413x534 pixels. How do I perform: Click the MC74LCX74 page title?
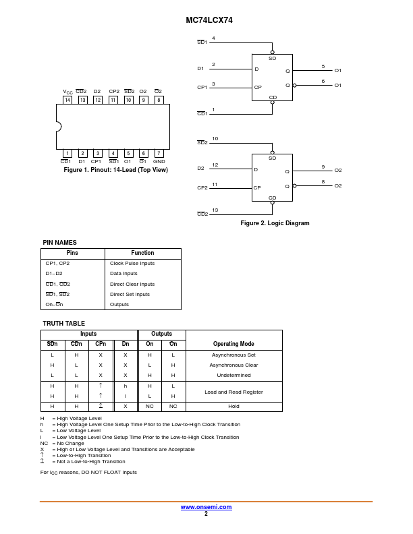(x=209, y=20)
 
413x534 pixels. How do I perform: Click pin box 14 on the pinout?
(x=67, y=100)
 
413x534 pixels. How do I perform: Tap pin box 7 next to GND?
(x=159, y=153)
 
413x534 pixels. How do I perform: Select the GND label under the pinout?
(x=159, y=162)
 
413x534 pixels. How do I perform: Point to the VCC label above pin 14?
(x=67, y=92)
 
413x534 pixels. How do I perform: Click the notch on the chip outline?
(x=59, y=127)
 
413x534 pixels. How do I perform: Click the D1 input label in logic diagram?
(x=200, y=69)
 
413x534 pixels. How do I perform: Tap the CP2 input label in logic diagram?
(x=202, y=188)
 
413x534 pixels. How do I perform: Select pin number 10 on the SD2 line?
(x=215, y=139)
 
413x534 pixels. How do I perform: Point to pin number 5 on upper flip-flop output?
(x=323, y=66)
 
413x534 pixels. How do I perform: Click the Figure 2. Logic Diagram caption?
(x=275, y=223)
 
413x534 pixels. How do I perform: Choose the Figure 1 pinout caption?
(x=115, y=170)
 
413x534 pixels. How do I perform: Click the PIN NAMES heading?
(x=59, y=243)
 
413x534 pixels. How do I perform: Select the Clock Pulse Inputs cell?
(x=132, y=264)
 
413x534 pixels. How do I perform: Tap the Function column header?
(x=142, y=253)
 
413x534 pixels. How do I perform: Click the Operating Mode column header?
(x=233, y=344)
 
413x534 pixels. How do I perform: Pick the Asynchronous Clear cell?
(x=233, y=365)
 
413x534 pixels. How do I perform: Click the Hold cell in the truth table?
(x=233, y=407)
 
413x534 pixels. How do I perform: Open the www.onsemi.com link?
(x=206, y=507)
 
